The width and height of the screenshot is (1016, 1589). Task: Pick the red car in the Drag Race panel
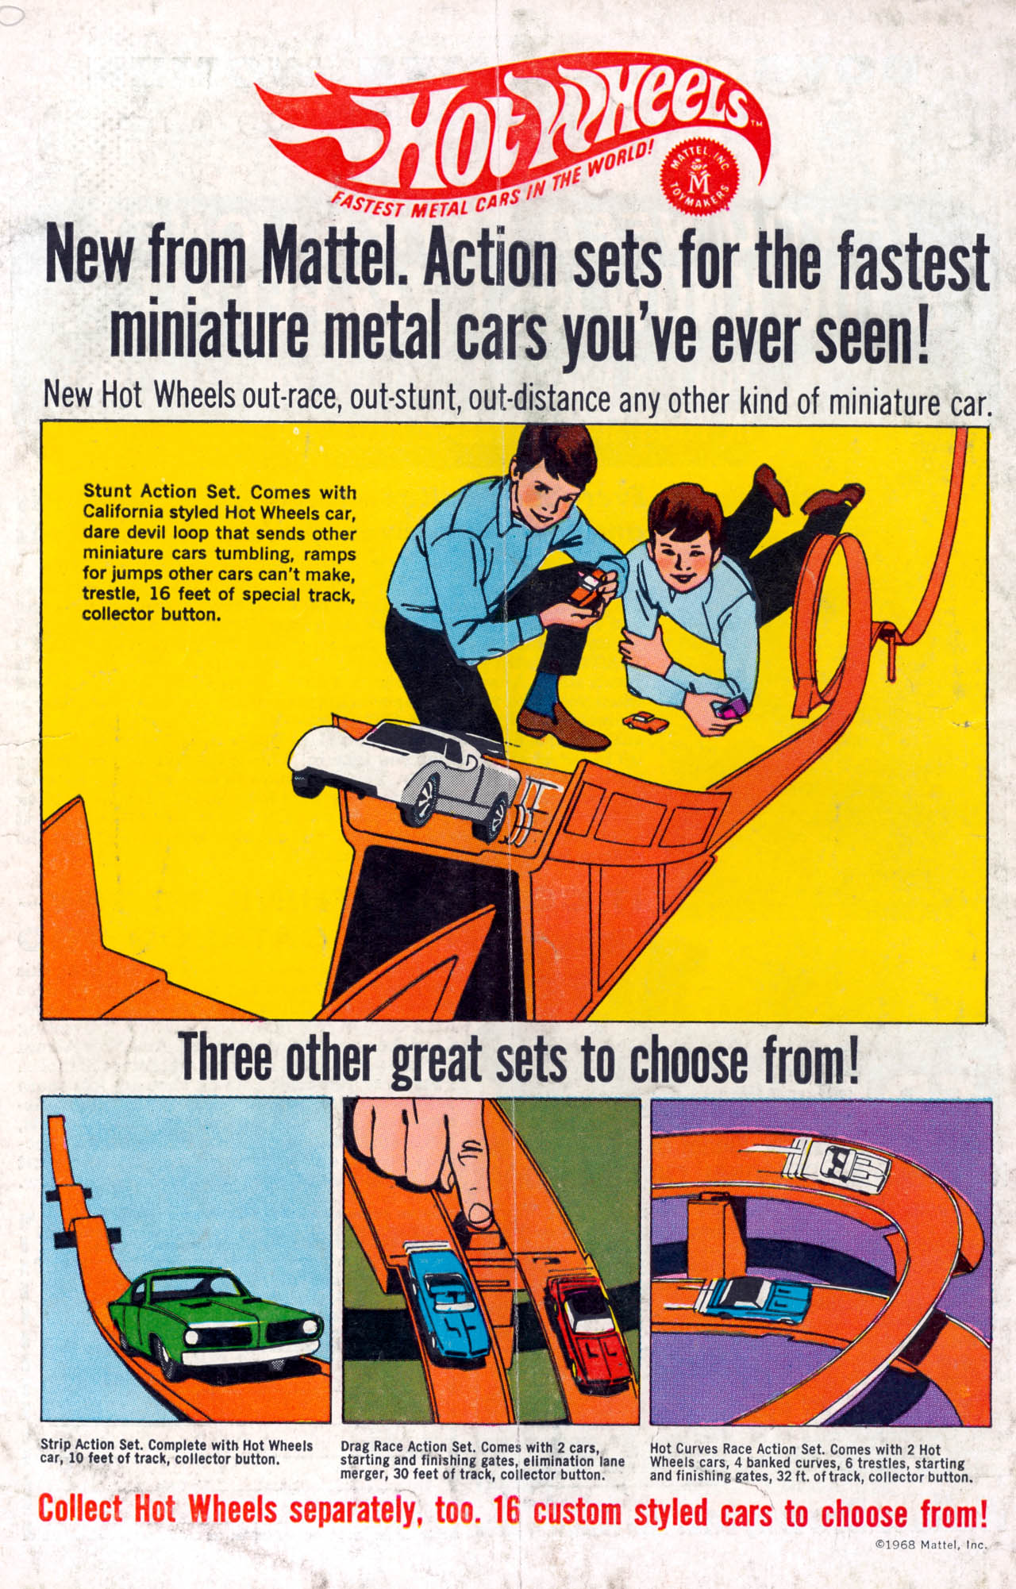pos(583,1333)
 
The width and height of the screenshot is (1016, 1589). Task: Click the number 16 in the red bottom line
pos(506,1510)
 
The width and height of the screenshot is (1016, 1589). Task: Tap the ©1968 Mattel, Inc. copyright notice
pos(930,1545)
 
